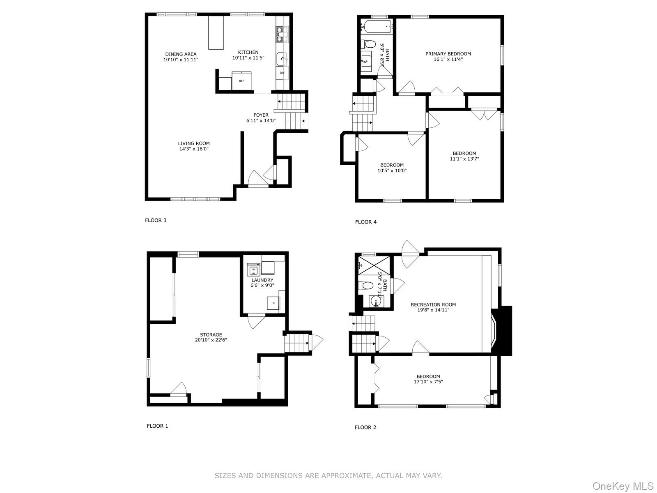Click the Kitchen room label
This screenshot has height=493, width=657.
click(248, 52)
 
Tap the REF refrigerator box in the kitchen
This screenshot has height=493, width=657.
click(241, 81)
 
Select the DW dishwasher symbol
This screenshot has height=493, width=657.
click(282, 73)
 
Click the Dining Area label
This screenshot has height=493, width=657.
click(181, 54)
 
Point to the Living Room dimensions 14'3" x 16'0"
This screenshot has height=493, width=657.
click(194, 149)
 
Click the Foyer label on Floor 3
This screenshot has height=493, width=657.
click(261, 115)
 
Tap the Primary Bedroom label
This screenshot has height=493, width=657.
click(448, 54)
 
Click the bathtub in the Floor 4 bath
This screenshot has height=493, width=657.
click(376, 28)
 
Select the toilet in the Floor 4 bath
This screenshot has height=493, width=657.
click(368, 44)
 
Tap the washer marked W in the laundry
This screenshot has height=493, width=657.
click(253, 270)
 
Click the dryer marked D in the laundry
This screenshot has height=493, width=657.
click(273, 303)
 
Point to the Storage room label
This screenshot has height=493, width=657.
click(211, 335)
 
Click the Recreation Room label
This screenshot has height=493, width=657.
click(433, 305)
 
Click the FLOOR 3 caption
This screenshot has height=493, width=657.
click(156, 220)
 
